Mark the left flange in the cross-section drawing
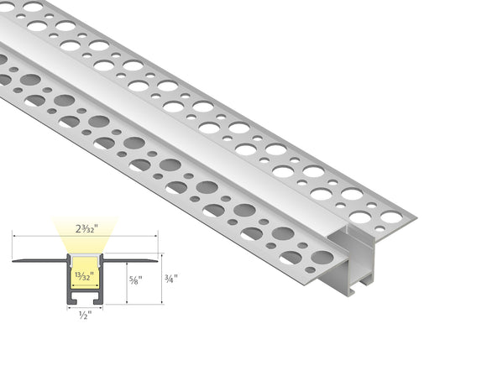click(x=39, y=260)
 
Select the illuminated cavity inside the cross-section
click(x=82, y=285)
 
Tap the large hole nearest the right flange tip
click(x=390, y=217)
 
